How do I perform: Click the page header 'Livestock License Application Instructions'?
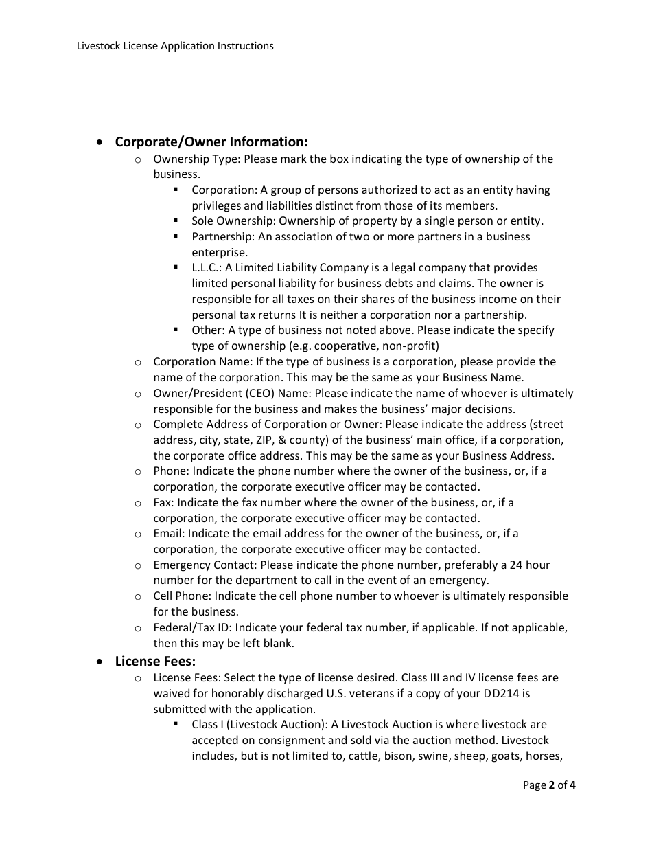(x=175, y=46)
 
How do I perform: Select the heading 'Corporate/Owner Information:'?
(x=211, y=142)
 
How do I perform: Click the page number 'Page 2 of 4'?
(x=549, y=785)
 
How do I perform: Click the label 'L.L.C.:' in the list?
(x=207, y=268)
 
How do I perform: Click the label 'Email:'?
(x=169, y=534)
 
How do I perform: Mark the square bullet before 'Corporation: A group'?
(x=176, y=189)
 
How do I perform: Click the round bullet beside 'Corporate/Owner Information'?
(x=101, y=142)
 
